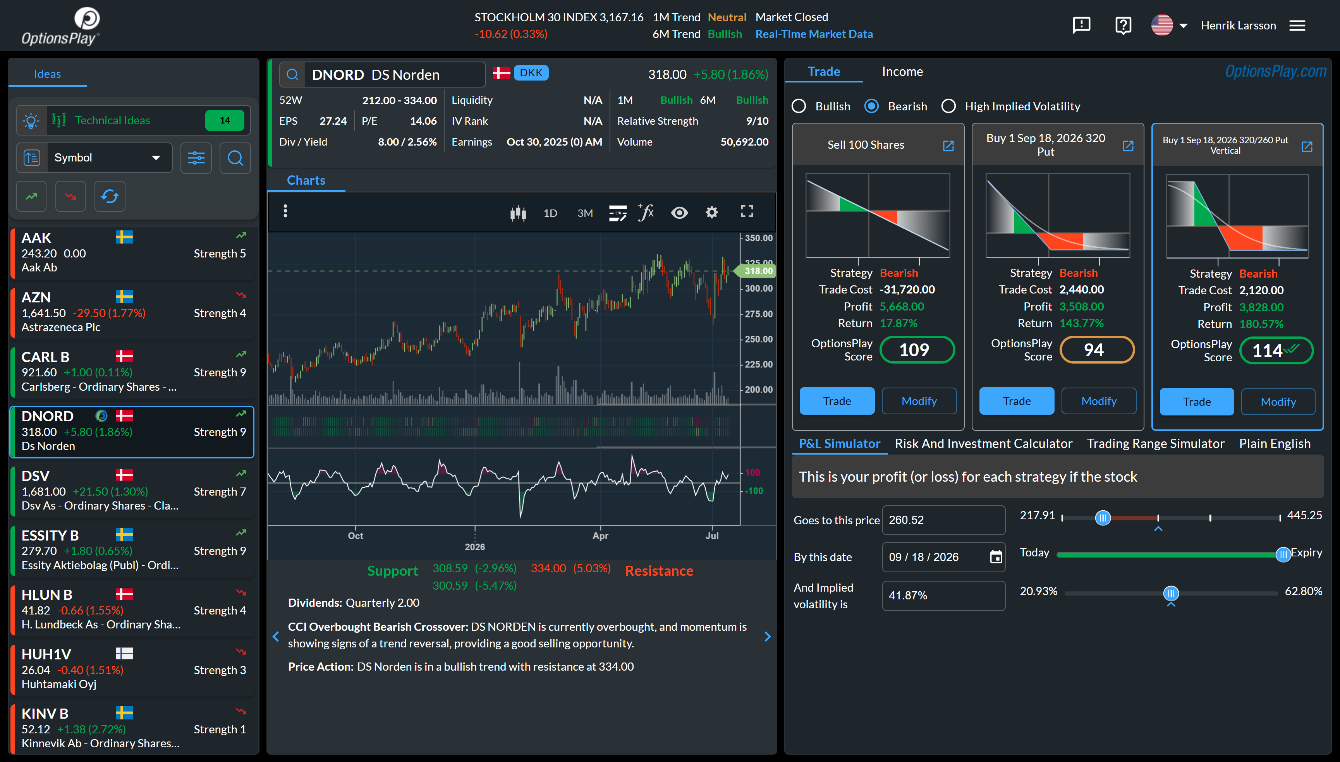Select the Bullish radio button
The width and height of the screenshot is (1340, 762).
point(799,106)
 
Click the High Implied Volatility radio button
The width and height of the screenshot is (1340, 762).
point(948,106)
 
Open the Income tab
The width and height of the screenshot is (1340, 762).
point(902,72)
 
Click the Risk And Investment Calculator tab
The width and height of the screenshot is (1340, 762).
point(984,444)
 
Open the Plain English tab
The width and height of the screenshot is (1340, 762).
point(1275,444)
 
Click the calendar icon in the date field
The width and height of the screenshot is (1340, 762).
point(996,557)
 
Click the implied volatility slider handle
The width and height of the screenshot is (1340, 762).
point(1171,593)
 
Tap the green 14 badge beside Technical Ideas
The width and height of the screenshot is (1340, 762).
point(225,120)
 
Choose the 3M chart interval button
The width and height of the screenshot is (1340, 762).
point(585,213)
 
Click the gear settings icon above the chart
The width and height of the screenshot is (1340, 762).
point(712,212)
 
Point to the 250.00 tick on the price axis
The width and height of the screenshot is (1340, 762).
point(758,339)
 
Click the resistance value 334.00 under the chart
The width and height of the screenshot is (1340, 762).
point(548,568)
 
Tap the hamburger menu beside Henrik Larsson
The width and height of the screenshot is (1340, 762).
point(1297,26)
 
